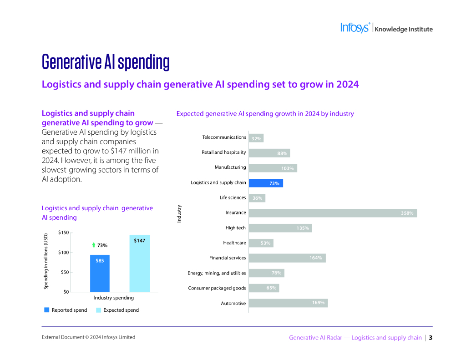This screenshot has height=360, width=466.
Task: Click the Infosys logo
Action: pyautogui.click(x=355, y=28)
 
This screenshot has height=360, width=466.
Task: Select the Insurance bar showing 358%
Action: pyautogui.click(x=332, y=213)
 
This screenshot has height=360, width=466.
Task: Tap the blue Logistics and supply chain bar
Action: pyautogui.click(x=266, y=183)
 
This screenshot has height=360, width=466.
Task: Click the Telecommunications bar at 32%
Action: pyautogui.click(x=256, y=138)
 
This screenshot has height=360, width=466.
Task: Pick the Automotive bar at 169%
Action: pyautogui.click(x=288, y=303)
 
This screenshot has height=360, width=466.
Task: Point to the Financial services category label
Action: pyautogui.click(x=228, y=258)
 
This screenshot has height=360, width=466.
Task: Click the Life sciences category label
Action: pyautogui.click(x=233, y=198)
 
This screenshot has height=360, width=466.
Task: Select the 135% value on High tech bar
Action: pyautogui.click(x=303, y=228)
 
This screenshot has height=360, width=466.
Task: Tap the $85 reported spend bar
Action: pyautogui.click(x=100, y=273)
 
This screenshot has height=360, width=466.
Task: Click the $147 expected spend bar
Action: pyautogui.click(x=139, y=264)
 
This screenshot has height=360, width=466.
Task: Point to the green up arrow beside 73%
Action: pyautogui.click(x=93, y=245)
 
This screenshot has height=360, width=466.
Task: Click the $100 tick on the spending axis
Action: pyautogui.click(x=64, y=253)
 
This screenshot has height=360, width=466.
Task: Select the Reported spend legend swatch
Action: pyautogui.click(x=46, y=310)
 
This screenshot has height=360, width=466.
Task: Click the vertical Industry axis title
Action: pyautogui.click(x=179, y=213)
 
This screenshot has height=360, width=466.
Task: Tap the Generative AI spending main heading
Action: pyautogui.click(x=106, y=61)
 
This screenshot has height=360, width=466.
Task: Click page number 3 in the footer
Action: pyautogui.click(x=431, y=338)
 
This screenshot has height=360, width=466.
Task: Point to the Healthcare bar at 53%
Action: pyautogui.click(x=261, y=243)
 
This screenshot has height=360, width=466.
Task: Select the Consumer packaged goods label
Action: pyautogui.click(x=217, y=288)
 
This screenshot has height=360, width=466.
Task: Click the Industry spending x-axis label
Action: pyautogui.click(x=114, y=298)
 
